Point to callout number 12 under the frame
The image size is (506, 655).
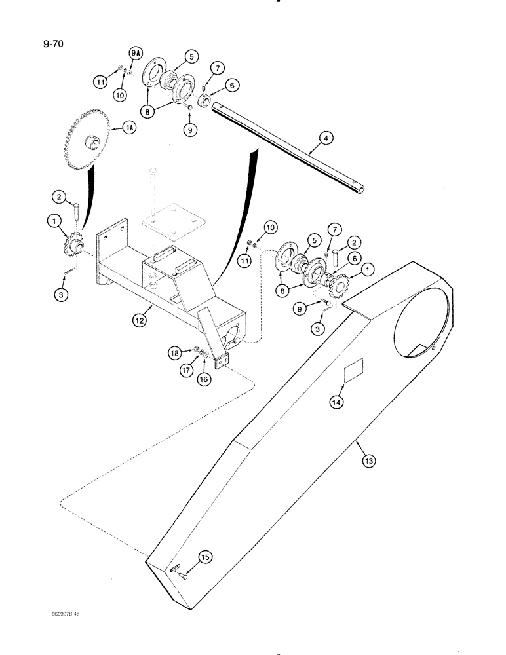[140, 321]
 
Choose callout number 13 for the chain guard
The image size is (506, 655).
[369, 461]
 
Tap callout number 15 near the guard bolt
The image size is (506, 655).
[206, 557]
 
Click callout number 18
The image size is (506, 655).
[174, 353]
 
